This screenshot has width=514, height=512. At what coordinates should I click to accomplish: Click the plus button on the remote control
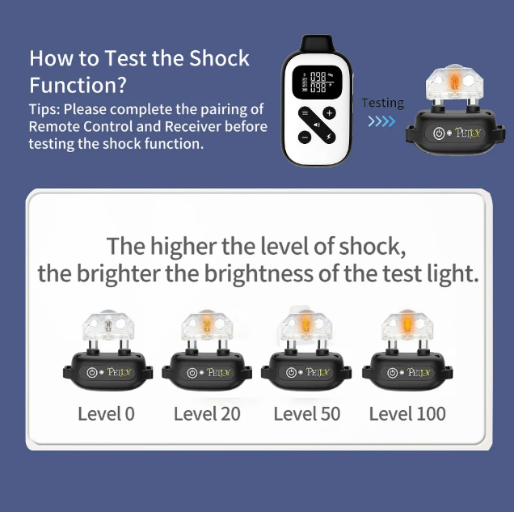pos(329,113)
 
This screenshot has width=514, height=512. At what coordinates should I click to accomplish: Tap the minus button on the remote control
pos(305,137)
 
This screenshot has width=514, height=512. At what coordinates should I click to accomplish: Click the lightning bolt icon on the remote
pos(329,137)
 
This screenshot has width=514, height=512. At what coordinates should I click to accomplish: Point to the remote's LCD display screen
pos(317,82)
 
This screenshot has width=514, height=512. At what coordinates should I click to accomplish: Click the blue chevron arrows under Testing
pos(382,121)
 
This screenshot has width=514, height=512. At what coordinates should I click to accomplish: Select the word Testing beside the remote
pos(383,103)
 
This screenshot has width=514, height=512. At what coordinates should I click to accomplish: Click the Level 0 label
pos(106,413)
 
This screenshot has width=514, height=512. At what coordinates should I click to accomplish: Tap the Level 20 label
pos(207,413)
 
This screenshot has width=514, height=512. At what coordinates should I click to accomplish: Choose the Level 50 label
pos(307,413)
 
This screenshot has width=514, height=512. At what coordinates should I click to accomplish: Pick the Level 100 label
pos(407,413)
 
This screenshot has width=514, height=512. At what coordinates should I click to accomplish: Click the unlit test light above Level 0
pos(108,325)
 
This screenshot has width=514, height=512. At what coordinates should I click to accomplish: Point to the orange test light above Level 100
pos(407,324)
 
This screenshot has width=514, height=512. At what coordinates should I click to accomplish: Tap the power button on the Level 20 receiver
pos(192,373)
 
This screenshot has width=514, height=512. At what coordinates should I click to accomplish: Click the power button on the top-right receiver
pos(439,133)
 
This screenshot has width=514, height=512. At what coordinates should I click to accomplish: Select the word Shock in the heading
pos(219,58)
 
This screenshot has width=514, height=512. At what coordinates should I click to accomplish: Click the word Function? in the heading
pos(78,85)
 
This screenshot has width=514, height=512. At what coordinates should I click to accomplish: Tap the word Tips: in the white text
pos(44,110)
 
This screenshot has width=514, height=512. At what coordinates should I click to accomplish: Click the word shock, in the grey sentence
pos(372,246)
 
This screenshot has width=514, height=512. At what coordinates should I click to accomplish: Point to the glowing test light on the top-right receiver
pos(454,81)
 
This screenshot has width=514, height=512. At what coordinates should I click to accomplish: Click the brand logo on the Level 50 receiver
pos(318,372)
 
